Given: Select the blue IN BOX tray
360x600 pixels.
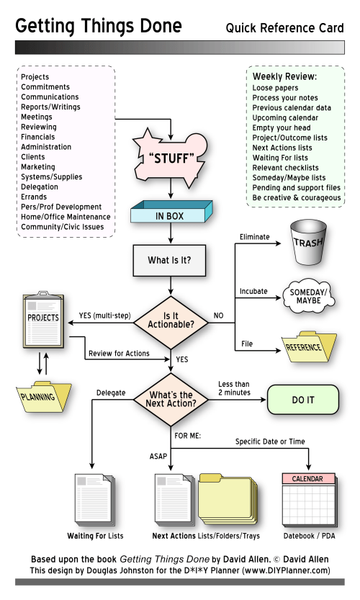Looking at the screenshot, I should tap(171, 215).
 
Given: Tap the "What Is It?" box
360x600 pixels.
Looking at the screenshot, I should tap(171, 261).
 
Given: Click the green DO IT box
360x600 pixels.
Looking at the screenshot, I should tap(302, 399).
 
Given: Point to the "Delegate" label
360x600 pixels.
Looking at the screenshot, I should tap(111, 393).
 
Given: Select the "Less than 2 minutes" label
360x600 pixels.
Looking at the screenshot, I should tap(234, 388).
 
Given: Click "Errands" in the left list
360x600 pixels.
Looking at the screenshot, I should tap(34, 197).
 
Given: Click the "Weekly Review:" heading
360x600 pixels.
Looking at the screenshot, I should tap(284, 76).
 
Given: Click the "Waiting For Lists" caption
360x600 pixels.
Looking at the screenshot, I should tap(95, 536).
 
